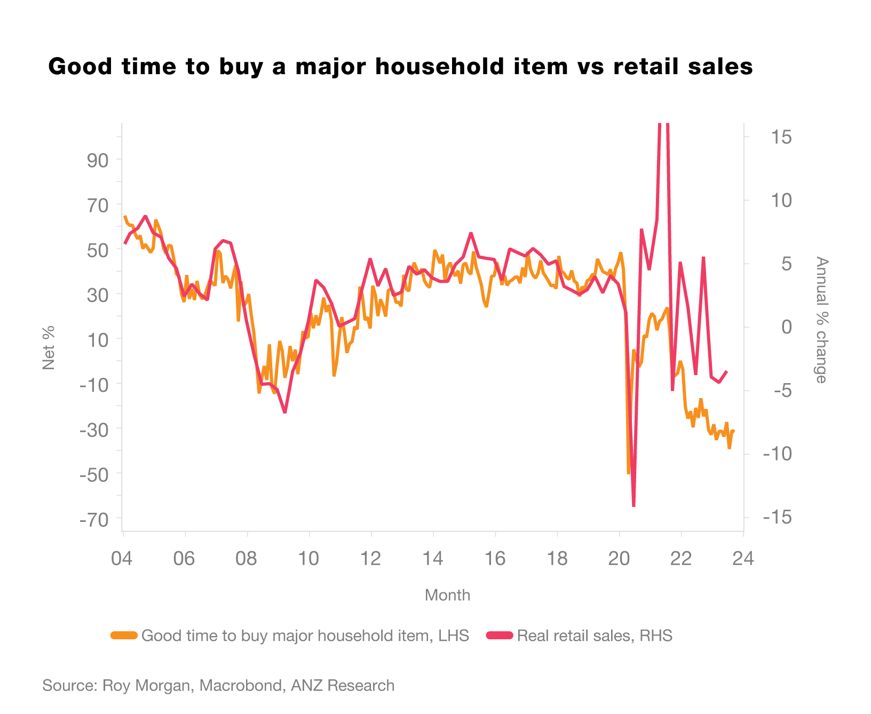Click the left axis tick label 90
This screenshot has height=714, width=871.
click(98, 160)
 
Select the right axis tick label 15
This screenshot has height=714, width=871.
click(781, 137)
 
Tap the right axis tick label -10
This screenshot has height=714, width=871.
click(777, 454)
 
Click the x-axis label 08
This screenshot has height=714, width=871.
click(246, 559)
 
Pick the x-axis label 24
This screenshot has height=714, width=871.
click(743, 559)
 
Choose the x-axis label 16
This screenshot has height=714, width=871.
click(495, 559)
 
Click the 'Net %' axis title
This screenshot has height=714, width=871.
click(49, 347)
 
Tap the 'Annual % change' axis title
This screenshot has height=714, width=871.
click(821, 320)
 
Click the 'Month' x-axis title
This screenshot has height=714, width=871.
click(447, 595)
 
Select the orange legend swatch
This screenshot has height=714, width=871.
click(124, 636)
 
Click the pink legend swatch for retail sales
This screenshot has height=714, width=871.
click(500, 636)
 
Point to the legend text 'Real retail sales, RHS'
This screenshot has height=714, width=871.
click(595, 636)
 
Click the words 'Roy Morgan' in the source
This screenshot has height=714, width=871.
click(146, 686)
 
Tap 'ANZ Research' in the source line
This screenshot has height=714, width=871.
click(342, 686)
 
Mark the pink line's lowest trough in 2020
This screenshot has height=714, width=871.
click(634, 505)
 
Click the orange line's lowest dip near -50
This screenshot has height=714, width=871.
click(628, 473)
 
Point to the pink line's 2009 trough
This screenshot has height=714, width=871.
click(285, 412)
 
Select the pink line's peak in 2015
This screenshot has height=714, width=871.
click(471, 233)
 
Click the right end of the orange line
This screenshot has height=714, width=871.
click(734, 431)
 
